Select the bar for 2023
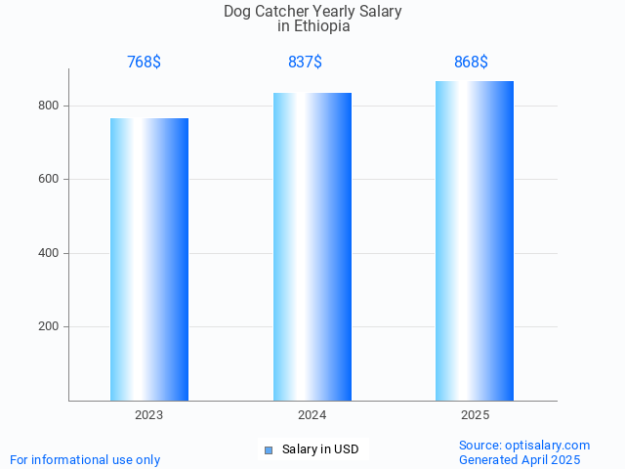[149, 259]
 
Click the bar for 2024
[312, 246]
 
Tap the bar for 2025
[475, 240]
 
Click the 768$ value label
[144, 63]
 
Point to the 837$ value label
[305, 63]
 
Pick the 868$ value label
[471, 63]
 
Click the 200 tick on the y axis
[49, 327]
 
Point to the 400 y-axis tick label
[49, 253]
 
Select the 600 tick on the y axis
[49, 180]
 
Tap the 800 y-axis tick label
[49, 106]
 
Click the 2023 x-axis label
[149, 415]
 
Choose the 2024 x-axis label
[312, 415]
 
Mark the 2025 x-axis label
[476, 415]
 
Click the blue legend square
[269, 450]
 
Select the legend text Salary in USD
[320, 449]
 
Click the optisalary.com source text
[524, 446]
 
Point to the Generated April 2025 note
[520, 460]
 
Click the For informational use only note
[85, 460]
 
